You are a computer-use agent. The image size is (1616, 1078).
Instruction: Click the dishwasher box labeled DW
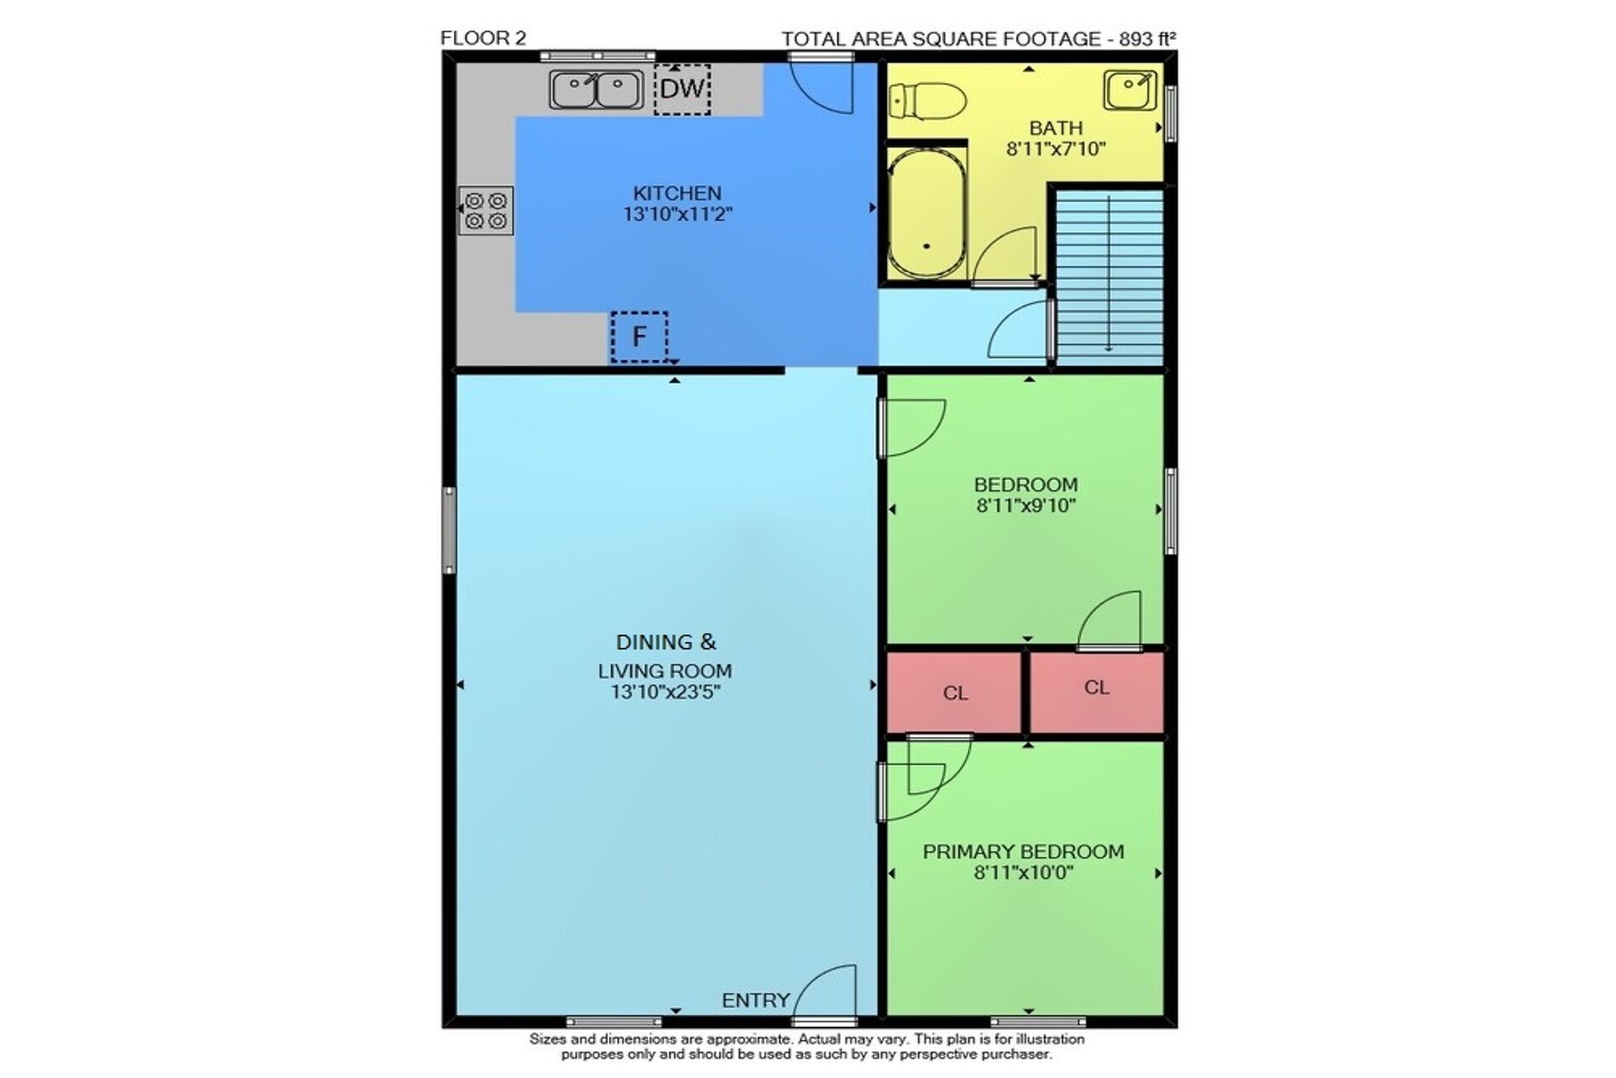click(x=683, y=89)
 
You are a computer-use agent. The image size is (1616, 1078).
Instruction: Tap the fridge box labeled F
click(x=640, y=337)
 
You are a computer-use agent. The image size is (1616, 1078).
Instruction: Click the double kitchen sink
click(x=597, y=90)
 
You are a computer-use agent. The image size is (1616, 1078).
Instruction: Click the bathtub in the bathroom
click(x=927, y=214)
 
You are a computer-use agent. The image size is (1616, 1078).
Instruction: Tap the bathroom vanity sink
click(x=1131, y=91)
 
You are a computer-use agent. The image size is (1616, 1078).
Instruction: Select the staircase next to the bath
click(x=1110, y=276)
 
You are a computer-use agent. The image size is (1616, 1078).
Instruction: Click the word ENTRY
click(x=756, y=1001)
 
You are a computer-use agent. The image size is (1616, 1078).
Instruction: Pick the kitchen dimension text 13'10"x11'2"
click(x=678, y=215)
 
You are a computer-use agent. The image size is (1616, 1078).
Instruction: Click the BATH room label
click(x=1056, y=128)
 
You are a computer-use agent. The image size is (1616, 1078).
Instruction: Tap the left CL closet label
click(x=955, y=693)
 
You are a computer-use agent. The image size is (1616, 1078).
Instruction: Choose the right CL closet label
click(x=1097, y=688)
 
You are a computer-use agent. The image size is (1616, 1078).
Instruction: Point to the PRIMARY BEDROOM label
click(x=1023, y=851)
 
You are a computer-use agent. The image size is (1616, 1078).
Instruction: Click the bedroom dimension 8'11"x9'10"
click(x=1026, y=506)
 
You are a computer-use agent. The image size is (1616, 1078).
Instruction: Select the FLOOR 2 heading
click(x=483, y=38)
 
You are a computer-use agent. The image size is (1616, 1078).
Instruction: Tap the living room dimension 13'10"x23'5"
click(x=666, y=692)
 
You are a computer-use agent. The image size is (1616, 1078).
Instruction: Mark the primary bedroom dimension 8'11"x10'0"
click(x=1024, y=873)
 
